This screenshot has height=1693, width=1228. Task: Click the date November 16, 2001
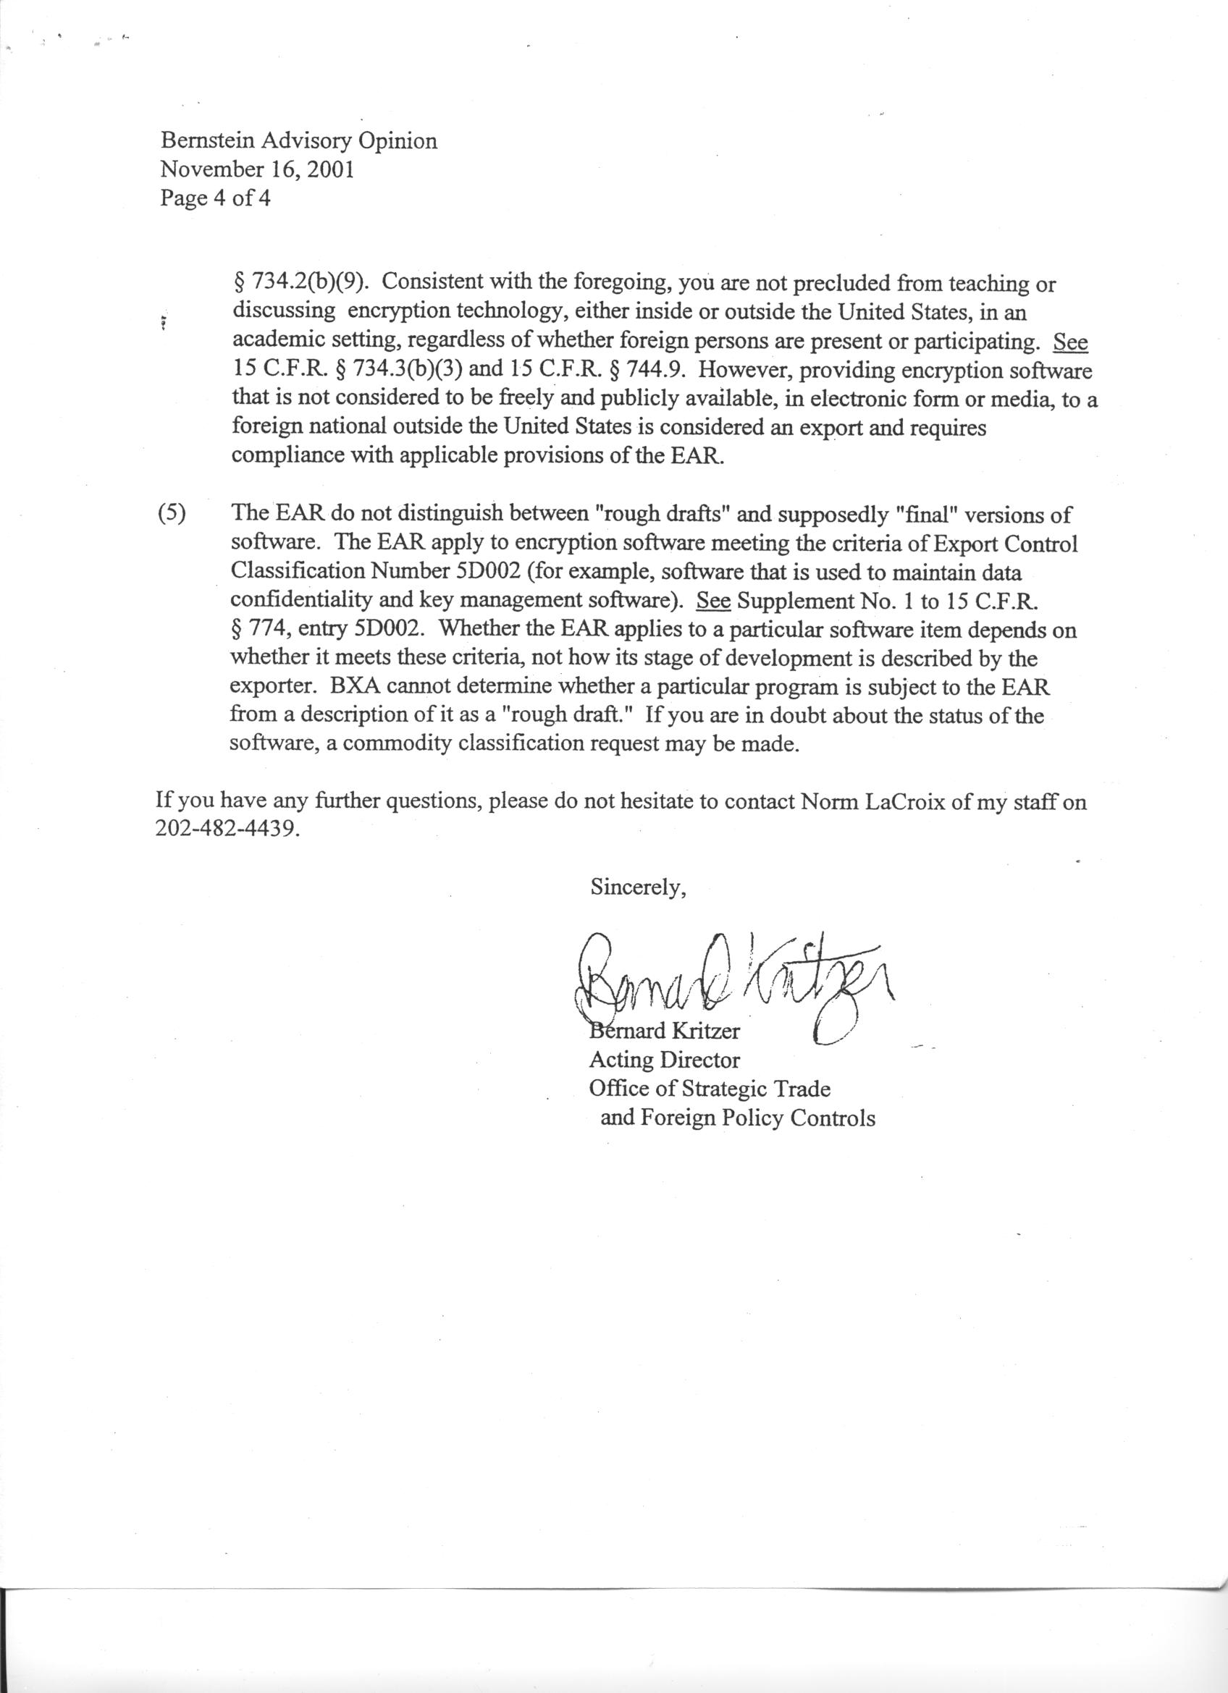pyautogui.click(x=257, y=169)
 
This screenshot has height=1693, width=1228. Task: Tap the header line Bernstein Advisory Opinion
pyautogui.click(x=298, y=140)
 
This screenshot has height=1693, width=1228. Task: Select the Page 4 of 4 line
pyautogui.click(x=215, y=198)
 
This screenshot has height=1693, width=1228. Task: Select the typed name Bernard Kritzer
pyautogui.click(x=665, y=1031)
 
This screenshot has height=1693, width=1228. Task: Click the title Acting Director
pyautogui.click(x=665, y=1060)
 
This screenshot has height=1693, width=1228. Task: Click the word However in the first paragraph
pyautogui.click(x=739, y=371)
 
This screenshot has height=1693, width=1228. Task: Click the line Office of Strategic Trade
pyautogui.click(x=709, y=1089)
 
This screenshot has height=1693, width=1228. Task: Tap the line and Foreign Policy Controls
pyautogui.click(x=737, y=1118)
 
